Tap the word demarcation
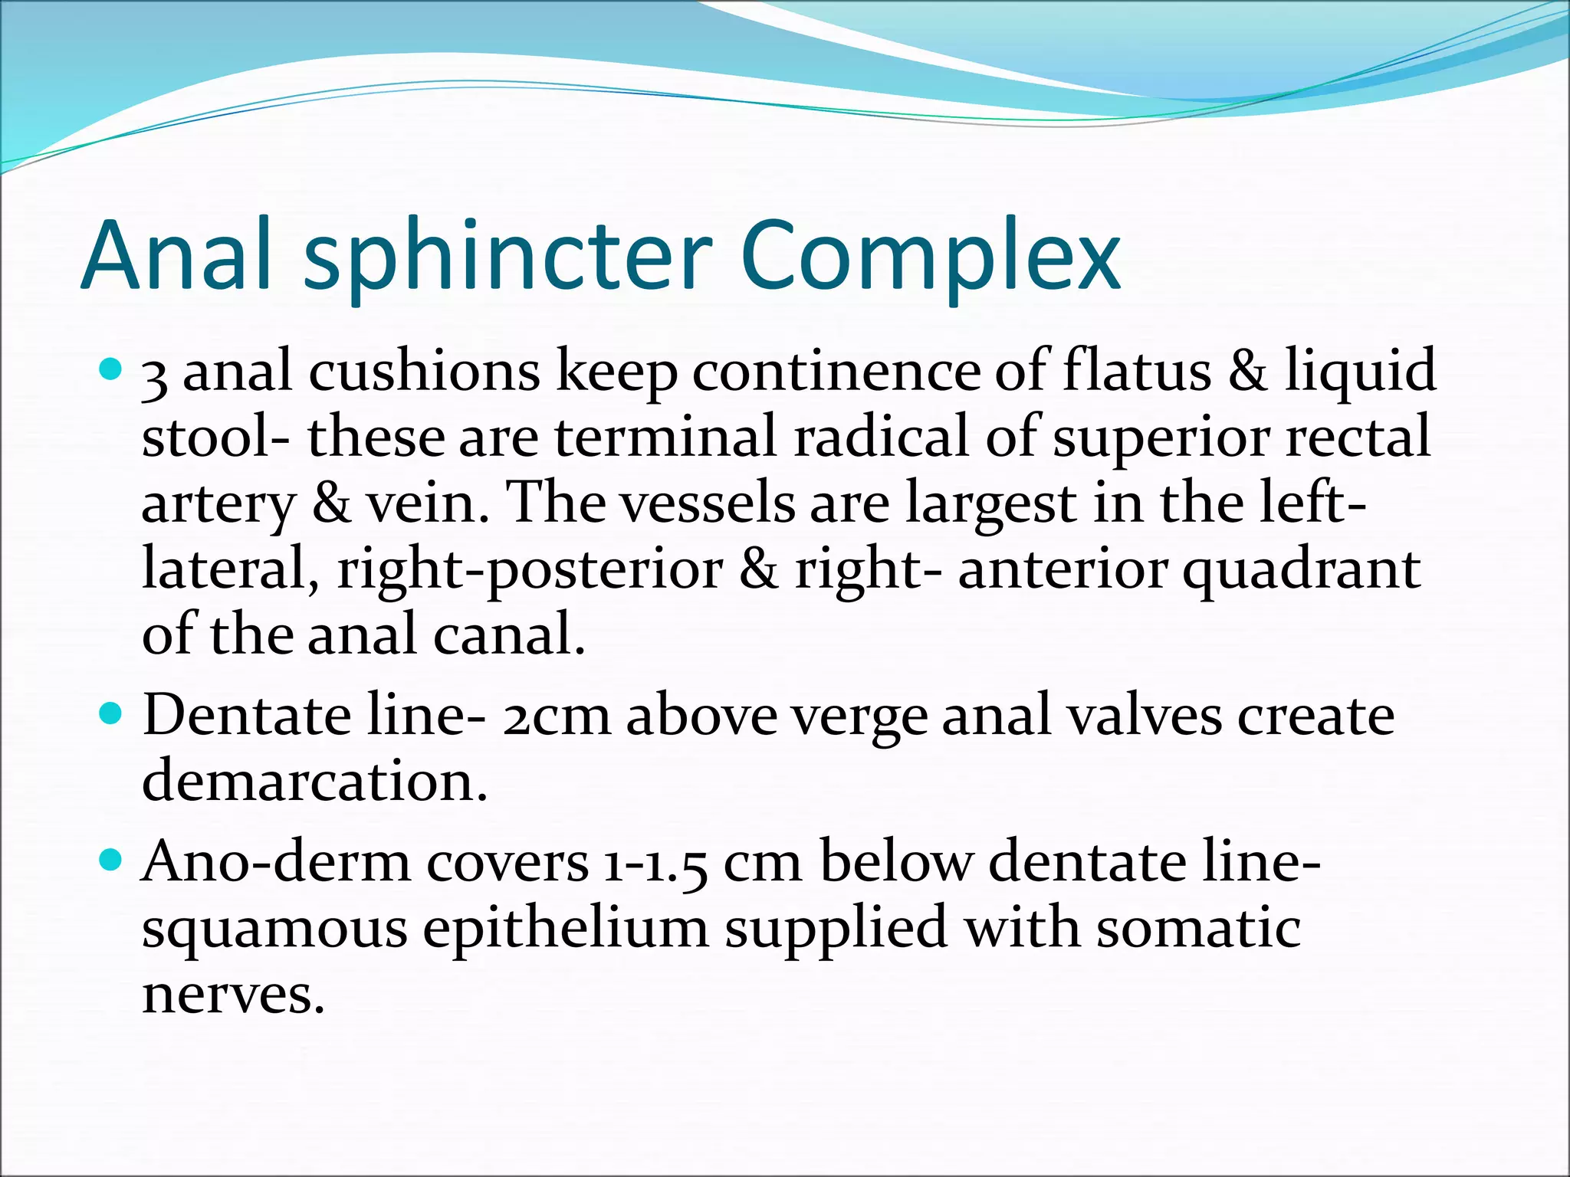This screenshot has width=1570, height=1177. point(315,782)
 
